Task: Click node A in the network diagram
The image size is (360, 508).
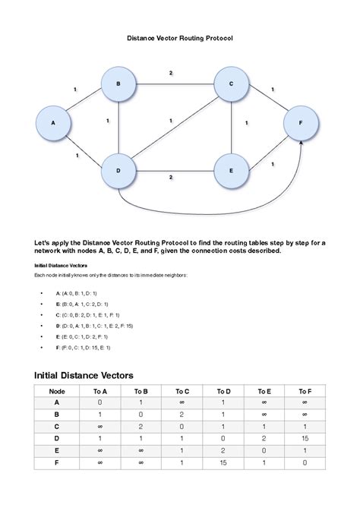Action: [53, 122]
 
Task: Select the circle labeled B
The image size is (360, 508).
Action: [118, 84]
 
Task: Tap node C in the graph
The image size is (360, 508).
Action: [231, 84]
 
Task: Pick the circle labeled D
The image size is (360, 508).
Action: [118, 169]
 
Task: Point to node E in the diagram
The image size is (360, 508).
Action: [231, 169]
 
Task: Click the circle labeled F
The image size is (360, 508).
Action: [301, 122]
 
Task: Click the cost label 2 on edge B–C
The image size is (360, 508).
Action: [171, 73]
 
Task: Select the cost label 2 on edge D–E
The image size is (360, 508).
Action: [171, 177]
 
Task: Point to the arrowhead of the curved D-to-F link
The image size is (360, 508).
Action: [302, 143]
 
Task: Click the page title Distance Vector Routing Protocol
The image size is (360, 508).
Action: [179, 37]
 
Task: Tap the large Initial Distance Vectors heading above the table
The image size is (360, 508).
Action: [84, 375]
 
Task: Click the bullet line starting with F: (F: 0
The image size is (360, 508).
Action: [83, 347]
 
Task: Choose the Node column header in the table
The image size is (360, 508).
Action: [57, 391]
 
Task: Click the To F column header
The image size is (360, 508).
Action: [305, 391]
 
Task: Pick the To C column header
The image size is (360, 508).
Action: [182, 391]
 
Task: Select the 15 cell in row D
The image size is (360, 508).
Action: [305, 438]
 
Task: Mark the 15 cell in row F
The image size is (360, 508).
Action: [223, 462]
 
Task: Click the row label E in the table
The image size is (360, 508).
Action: [57, 450]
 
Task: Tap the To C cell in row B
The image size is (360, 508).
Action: [182, 415]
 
